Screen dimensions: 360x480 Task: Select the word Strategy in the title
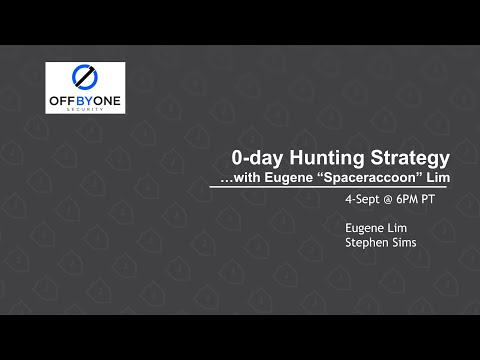point(410,158)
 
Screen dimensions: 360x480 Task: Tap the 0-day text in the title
point(255,158)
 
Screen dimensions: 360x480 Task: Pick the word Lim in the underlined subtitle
point(437,177)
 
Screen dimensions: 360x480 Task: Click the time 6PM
point(415,200)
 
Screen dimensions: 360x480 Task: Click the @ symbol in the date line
point(393,200)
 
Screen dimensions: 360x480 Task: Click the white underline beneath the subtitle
point(335,187)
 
